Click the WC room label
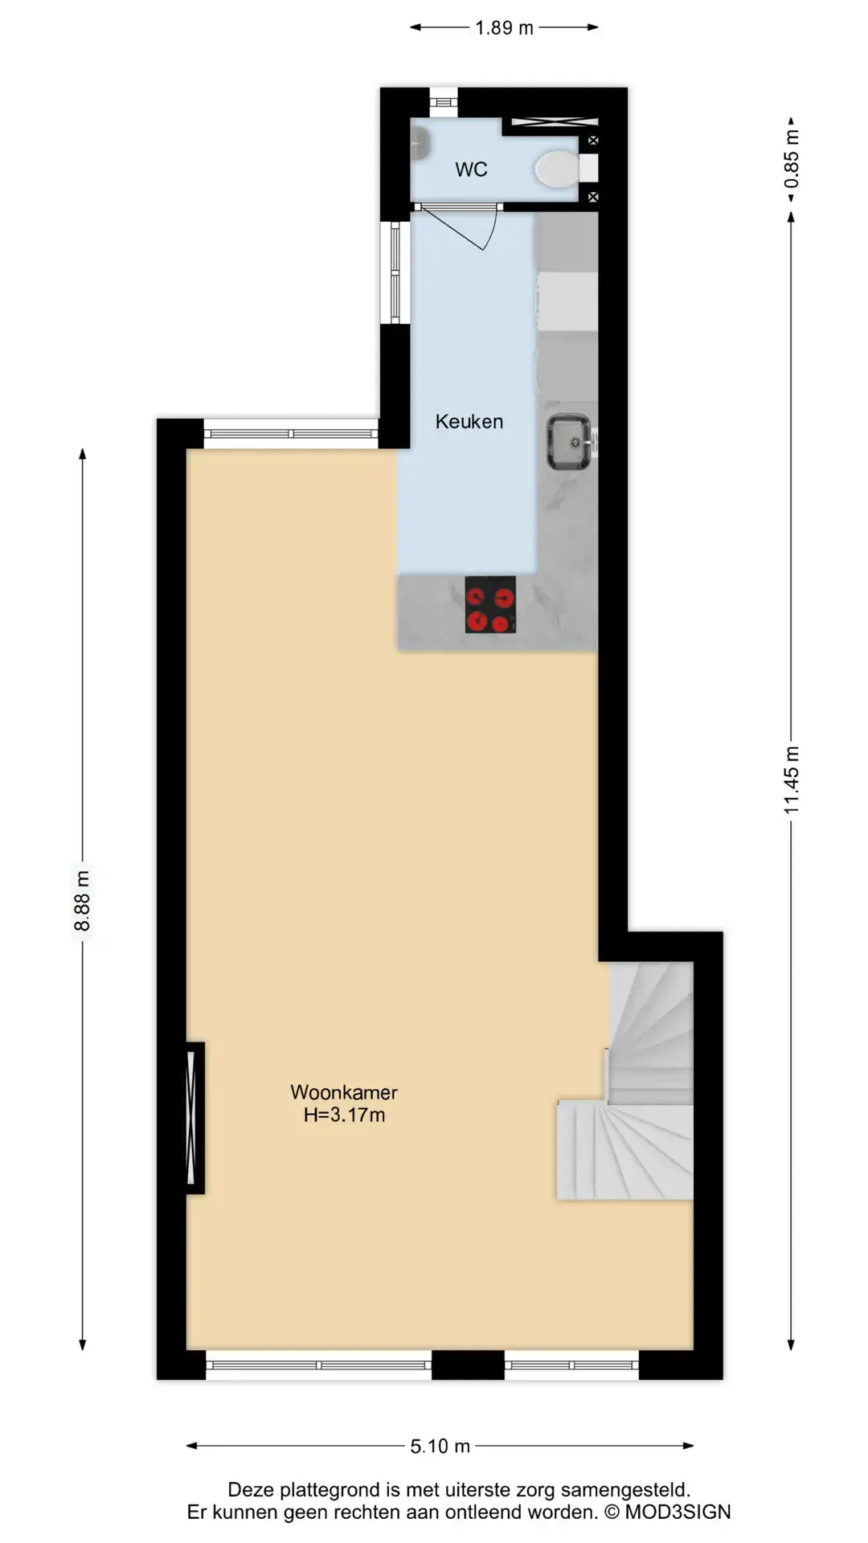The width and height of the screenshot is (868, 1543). click(471, 170)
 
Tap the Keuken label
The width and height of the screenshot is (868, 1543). click(469, 421)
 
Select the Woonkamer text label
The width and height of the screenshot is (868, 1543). click(344, 1092)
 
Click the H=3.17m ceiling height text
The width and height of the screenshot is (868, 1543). click(344, 1115)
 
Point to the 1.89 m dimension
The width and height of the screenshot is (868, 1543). click(504, 28)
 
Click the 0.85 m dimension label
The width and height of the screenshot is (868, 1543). click(792, 158)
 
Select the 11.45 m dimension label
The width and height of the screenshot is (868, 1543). click(792, 780)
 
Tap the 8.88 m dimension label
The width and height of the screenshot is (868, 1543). click(82, 900)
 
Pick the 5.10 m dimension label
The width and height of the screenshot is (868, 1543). click(440, 1446)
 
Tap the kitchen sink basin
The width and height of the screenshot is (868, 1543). click(569, 442)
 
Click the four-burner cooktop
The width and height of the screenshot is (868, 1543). click(490, 604)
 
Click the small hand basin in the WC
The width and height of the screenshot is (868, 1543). click(420, 144)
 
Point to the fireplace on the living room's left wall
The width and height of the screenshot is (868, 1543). click(195, 1118)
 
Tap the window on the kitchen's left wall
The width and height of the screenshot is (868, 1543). click(395, 272)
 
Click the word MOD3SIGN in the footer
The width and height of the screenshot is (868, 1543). click(678, 1512)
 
